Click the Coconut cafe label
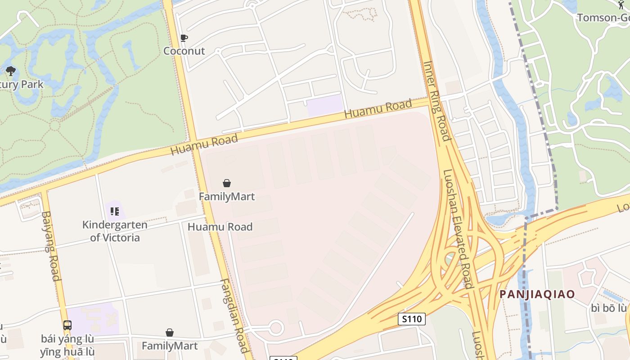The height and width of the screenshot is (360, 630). [184, 51]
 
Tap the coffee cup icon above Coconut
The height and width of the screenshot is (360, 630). [184, 38]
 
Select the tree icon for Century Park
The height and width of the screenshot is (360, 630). [10, 71]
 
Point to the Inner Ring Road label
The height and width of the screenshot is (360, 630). [436, 101]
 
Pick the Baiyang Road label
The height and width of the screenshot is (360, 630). [50, 246]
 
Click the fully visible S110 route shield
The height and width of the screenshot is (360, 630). [412, 319]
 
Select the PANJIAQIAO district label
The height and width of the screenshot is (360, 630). [537, 294]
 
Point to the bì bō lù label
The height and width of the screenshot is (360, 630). [608, 308]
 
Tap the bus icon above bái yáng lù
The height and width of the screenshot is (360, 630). [67, 325]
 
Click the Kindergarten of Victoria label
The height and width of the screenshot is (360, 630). [115, 231]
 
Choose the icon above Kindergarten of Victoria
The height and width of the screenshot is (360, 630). [114, 211]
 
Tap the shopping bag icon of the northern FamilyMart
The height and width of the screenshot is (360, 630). [227, 183]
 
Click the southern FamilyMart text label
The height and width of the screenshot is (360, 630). [170, 346]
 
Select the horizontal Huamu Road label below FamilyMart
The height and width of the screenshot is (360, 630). [220, 227]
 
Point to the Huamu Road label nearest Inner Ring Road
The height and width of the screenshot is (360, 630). [378, 109]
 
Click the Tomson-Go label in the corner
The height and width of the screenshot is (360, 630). [603, 18]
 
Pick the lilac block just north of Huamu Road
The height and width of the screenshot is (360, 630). [325, 104]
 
